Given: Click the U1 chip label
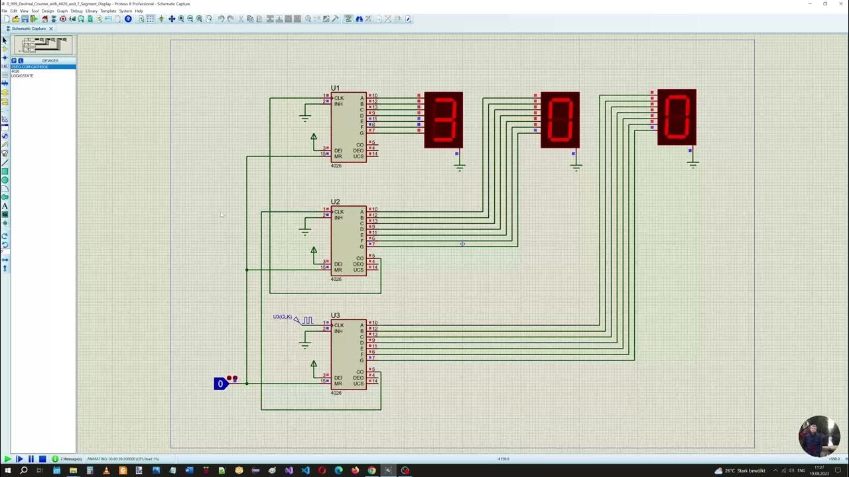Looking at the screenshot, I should (x=335, y=88).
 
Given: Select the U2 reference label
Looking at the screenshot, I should (x=335, y=202).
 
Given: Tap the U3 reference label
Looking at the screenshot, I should (x=335, y=315).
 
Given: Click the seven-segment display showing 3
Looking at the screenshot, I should (x=443, y=120).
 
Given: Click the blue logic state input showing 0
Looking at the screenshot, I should (x=220, y=384).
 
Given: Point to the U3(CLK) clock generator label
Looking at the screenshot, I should (x=282, y=317).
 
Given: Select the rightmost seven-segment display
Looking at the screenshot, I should (x=677, y=117).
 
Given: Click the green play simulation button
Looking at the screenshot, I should (x=7, y=458).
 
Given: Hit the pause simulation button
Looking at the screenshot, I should (x=31, y=458).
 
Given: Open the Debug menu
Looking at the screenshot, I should (x=76, y=11).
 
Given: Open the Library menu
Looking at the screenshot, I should (x=92, y=11).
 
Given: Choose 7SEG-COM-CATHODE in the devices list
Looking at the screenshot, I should (x=30, y=67).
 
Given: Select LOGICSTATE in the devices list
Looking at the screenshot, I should (x=23, y=76).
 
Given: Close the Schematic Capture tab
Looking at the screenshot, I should (x=50, y=28).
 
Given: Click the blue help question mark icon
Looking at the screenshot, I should (x=128, y=19).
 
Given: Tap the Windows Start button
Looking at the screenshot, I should (x=7, y=470).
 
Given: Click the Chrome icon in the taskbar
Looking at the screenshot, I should (x=371, y=470).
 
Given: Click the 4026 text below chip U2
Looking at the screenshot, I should (x=336, y=279).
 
